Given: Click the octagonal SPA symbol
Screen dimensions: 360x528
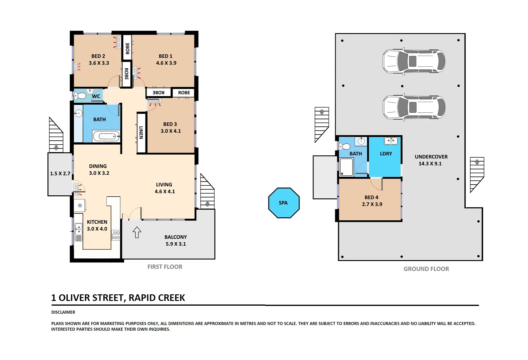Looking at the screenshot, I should click(284, 203).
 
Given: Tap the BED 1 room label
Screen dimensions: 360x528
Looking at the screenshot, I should click(166, 56).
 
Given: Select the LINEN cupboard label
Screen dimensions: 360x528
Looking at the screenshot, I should click(141, 133).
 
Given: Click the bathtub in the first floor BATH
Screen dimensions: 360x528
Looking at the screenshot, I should click(106, 136).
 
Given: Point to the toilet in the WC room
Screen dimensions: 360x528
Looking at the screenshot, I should click(80, 96).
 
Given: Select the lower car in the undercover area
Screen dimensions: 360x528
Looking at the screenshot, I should click(414, 107).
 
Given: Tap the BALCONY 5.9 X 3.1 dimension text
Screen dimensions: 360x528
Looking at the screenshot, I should click(176, 244).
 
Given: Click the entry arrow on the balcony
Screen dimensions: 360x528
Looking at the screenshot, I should click(137, 232).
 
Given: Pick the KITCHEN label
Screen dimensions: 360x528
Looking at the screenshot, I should click(97, 222).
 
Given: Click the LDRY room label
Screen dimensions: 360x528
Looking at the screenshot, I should click(386, 154).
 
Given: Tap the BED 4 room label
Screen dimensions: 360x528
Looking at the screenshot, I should click(371, 197).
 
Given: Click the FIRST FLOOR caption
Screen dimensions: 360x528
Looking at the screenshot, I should click(165, 267).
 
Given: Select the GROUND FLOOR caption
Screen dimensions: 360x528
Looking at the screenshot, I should click(426, 269).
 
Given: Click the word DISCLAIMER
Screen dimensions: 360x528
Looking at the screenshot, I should click(63, 312).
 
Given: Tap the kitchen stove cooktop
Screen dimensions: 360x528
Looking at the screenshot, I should click(116, 235).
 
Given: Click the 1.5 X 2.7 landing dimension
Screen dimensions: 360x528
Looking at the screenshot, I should click(60, 174).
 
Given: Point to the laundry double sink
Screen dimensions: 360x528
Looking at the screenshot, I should click(391, 141).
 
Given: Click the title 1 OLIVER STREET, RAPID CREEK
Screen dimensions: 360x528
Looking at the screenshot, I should click(118, 298).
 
